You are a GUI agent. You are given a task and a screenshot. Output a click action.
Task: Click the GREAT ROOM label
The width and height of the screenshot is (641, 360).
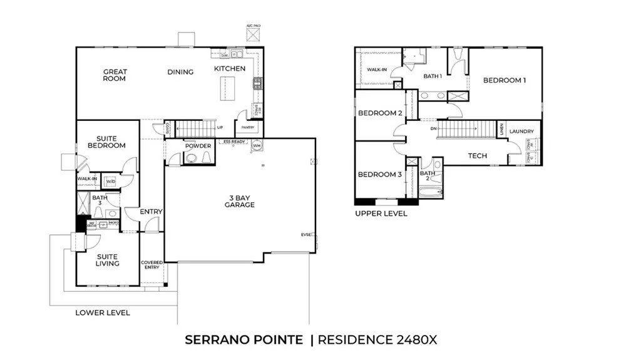pos(115,75)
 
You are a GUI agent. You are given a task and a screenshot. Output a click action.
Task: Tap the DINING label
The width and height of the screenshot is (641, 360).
pos(180,72)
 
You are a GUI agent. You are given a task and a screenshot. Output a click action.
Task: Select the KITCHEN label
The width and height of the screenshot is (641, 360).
pos(230,68)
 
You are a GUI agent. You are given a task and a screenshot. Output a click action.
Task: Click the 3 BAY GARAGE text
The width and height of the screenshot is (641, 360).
pos(240,201)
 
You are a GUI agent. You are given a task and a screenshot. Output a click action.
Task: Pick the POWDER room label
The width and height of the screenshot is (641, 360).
pos(198,146)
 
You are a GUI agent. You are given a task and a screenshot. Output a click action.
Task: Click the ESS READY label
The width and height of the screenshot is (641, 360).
pos(235,141)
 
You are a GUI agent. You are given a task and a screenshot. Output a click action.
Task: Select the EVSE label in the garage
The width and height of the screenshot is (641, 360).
pos(306,235)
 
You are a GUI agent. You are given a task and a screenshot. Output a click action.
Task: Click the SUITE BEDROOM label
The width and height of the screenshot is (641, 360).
pos(111,142)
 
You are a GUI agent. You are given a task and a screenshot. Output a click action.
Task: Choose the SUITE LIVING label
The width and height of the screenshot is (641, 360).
pos(107,260)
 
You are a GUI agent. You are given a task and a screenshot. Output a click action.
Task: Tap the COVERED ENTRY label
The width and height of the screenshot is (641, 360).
pos(151,265)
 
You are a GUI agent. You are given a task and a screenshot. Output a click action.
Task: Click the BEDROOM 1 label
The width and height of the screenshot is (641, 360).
pos(504,80)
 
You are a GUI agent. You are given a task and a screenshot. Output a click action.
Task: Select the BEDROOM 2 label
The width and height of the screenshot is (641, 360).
pos(379,113)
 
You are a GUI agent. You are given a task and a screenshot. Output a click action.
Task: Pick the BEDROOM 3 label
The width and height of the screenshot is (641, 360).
pos(379,174)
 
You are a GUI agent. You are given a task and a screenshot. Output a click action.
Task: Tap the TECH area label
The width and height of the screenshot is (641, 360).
pos(478,156)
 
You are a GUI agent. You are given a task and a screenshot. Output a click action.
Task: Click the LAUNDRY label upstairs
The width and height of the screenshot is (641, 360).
pos(521,131)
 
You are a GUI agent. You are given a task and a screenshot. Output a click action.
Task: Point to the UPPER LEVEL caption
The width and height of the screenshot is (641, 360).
pos(381,213)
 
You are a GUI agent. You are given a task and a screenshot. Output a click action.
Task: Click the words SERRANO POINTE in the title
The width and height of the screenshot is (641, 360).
pos(244,340)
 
